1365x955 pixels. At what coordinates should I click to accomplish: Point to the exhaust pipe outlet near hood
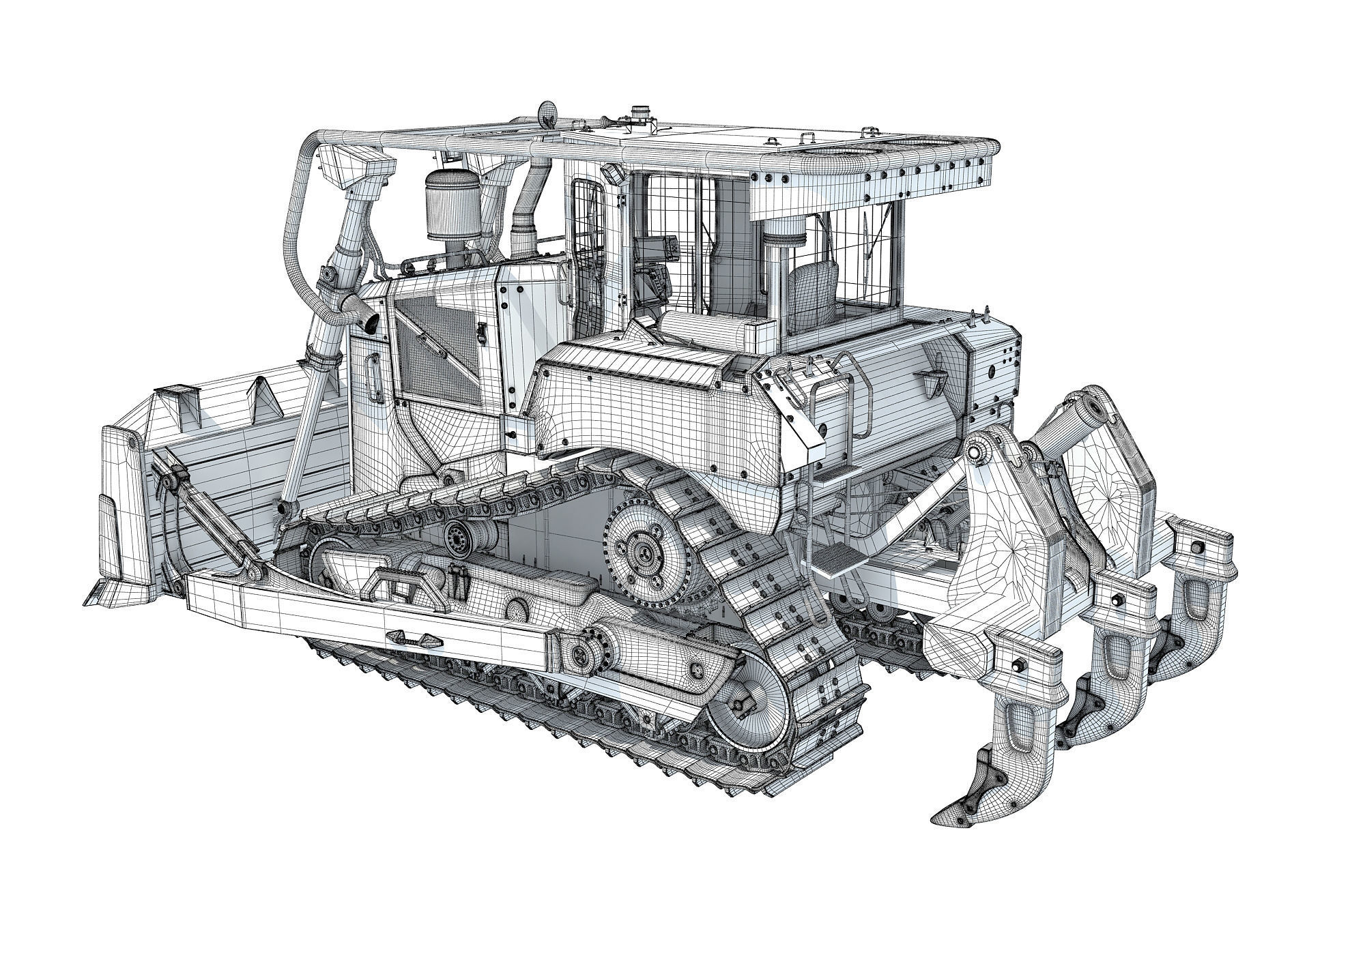[369, 323]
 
